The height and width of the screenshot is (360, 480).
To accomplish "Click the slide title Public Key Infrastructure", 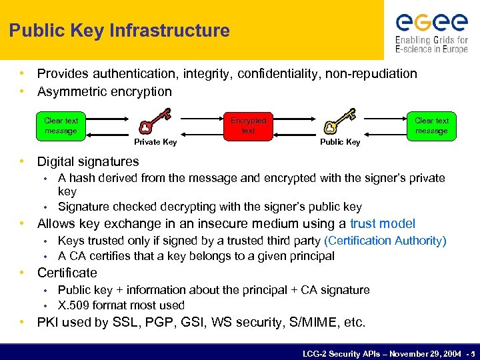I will point(119,31).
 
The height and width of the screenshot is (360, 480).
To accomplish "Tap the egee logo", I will point(431,23).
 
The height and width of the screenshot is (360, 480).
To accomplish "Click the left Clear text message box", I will point(61,125).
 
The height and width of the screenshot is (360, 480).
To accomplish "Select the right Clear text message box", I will point(431,125).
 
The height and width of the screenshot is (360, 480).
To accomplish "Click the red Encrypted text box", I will point(248,125).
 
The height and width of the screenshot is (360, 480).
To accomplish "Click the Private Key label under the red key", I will point(155,142).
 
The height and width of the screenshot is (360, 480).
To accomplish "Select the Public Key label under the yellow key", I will point(340,142).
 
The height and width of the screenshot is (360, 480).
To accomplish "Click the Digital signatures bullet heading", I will point(88,161).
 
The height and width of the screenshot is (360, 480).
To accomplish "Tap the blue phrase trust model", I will point(382,223).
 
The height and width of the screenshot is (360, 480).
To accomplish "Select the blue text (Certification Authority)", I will point(385,241).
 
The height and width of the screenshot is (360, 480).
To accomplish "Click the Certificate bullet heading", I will point(67,273).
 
